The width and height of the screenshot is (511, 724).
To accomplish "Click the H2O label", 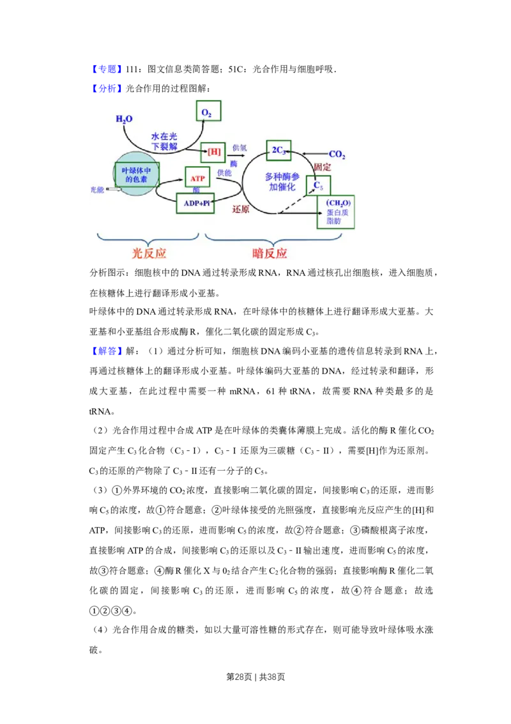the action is pyautogui.click(x=124, y=119).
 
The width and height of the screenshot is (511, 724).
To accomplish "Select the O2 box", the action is pyautogui.click(x=208, y=113).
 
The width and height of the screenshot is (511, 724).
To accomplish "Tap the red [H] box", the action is pyautogui.click(x=213, y=152).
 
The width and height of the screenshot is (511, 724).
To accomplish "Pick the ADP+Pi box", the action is pyautogui.click(x=195, y=203).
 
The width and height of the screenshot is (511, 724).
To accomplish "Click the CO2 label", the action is pyautogui.click(x=337, y=154).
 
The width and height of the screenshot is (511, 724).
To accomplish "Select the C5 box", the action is pyautogui.click(x=318, y=186).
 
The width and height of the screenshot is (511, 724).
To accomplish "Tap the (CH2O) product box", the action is pyautogui.click(x=335, y=212).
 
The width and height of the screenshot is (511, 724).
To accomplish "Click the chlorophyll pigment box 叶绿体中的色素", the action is pyautogui.click(x=137, y=175).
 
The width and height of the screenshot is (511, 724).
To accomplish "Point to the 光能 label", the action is pyautogui.click(x=96, y=190).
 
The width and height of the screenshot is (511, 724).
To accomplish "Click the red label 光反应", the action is pyautogui.click(x=149, y=253).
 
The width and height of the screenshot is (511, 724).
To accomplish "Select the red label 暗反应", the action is pyautogui.click(x=270, y=253).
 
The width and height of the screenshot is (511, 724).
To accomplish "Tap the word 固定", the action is pyautogui.click(x=323, y=167).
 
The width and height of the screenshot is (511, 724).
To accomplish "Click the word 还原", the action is pyautogui.click(x=241, y=209).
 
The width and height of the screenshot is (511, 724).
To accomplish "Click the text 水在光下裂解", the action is pyautogui.click(x=164, y=141).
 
